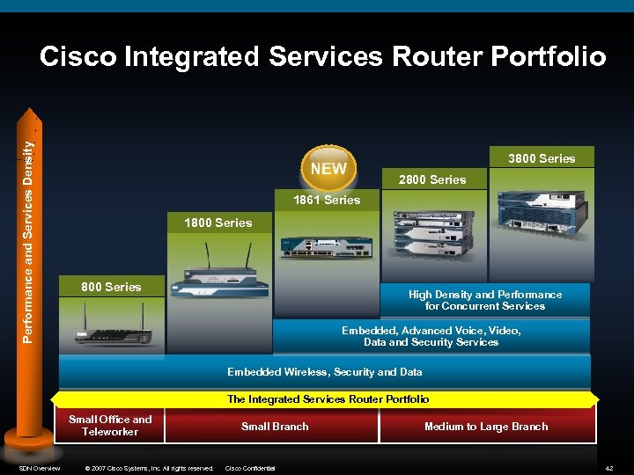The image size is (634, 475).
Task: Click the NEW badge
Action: (329, 168)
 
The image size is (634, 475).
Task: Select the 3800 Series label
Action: (542, 158)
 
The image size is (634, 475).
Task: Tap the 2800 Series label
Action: (432, 179)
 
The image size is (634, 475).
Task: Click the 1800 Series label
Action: (217, 223)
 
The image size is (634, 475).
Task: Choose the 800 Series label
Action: (111, 286)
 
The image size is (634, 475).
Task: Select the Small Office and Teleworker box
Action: (111, 426)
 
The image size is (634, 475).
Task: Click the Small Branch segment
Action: (275, 427)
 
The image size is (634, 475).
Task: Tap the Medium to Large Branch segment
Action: (486, 427)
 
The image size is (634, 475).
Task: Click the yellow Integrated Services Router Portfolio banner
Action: (328, 399)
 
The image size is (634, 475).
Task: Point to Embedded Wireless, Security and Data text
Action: (325, 372)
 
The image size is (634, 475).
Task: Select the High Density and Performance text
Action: (485, 300)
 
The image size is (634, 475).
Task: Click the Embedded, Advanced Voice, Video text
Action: (431, 336)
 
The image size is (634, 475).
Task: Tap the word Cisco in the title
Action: (78, 57)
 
